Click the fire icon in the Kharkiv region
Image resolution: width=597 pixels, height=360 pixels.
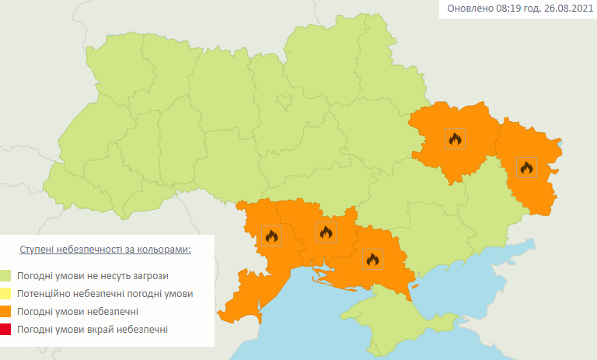pos(455,138)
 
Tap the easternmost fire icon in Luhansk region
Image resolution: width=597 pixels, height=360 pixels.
pos(526,167)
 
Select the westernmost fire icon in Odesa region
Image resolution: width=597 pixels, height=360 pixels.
pos(271,236)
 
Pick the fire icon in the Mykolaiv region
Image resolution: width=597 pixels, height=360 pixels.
pos(325,231)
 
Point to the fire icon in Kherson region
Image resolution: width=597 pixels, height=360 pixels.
pos(372,259)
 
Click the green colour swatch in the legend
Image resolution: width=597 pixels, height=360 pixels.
pos(6,275)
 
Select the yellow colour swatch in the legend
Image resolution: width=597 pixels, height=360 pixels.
pos(6,294)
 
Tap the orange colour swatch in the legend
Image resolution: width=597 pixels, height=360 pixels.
pos(6,312)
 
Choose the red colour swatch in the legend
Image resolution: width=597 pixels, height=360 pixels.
pos(6,330)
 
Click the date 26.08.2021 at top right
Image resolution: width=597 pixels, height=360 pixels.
pos(565,9)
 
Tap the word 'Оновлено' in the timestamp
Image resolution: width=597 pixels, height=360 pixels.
pos(468,9)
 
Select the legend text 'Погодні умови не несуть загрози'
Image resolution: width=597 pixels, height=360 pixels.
pos(93,275)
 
